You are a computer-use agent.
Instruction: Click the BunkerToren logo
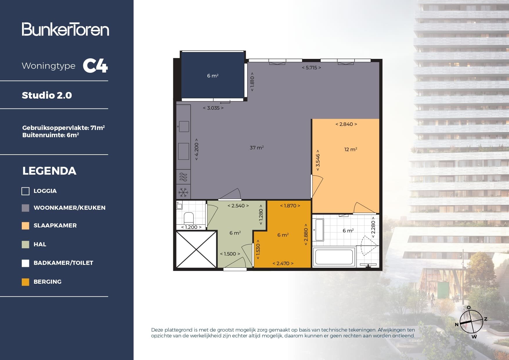[x=65, y=29]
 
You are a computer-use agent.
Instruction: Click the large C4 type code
[x=95, y=66]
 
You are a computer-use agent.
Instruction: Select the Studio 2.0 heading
[x=47, y=95]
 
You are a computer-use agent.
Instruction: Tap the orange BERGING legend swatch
[x=26, y=282]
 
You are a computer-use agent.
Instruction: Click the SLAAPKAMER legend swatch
[x=26, y=226]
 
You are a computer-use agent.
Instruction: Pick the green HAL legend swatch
[x=26, y=245]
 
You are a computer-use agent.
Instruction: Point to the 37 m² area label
[x=257, y=148]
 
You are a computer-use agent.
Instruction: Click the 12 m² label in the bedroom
[x=351, y=149]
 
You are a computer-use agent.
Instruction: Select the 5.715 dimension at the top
[x=311, y=68]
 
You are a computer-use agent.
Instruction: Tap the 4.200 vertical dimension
[x=196, y=149]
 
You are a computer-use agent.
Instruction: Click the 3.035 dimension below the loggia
[x=213, y=108]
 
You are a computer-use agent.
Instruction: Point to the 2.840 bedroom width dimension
[x=346, y=124]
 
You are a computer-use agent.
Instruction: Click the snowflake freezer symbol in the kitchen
[x=183, y=192]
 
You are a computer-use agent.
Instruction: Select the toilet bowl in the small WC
[x=189, y=218]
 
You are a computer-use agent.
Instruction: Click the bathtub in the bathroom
[x=334, y=257]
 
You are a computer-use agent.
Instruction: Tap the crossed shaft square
[x=196, y=249]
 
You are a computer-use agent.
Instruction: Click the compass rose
[x=471, y=322]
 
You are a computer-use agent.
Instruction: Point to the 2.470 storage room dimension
[x=283, y=263]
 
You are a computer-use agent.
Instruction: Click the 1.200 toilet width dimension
[x=191, y=227]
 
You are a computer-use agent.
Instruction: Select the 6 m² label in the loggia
[x=213, y=76]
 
